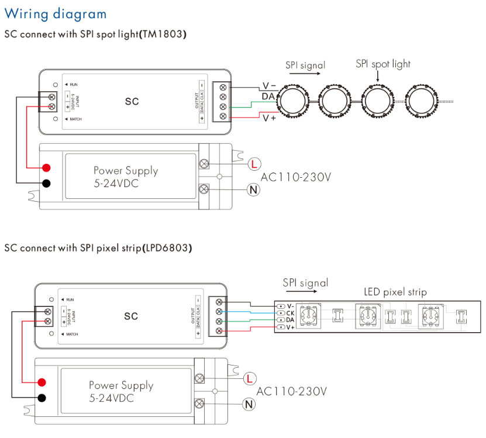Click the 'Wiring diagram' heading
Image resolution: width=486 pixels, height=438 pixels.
56,13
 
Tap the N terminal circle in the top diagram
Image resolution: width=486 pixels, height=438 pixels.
253,189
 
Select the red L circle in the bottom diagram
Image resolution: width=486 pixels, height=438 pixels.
250,378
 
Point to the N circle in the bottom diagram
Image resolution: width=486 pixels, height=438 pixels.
250,404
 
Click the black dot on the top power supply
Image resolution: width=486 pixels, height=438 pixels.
46,184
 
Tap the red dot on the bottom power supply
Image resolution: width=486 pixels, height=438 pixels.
42,382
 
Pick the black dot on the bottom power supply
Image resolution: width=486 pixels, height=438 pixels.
42,398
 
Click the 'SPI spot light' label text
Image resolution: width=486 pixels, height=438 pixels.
383,64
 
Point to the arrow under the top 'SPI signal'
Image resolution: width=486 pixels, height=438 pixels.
305,75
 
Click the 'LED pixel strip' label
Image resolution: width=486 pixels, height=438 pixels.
395,291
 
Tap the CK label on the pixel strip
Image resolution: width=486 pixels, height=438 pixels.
289,313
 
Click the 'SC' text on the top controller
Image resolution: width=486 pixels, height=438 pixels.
132,101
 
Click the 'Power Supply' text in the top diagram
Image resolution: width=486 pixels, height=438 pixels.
126,171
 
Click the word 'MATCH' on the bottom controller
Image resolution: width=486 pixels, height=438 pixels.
72,334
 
